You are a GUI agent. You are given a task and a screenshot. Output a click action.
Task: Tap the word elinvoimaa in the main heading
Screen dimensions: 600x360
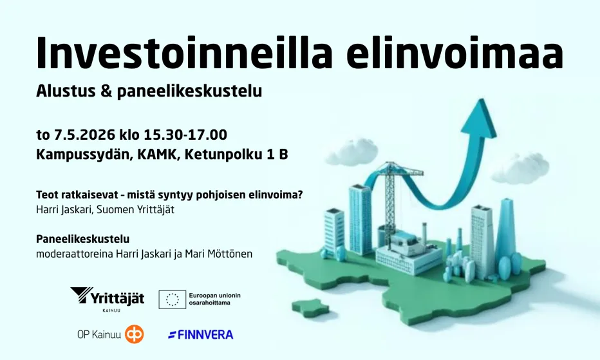click(455, 52)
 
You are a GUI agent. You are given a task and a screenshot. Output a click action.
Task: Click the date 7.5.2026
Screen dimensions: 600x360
click(84, 135)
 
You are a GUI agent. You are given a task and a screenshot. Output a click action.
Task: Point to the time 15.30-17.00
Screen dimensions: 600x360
click(185, 135)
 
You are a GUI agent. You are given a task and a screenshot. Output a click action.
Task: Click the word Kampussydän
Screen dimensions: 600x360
click(84, 155)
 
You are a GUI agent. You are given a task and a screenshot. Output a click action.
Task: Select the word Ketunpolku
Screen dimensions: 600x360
click(220, 155)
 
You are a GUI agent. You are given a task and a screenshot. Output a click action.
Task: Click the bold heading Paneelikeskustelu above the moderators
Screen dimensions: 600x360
click(82, 239)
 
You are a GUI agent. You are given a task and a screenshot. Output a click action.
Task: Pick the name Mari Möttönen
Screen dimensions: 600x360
click(218, 254)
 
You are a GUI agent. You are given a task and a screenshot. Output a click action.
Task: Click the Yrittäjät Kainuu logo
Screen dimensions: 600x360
click(107, 299)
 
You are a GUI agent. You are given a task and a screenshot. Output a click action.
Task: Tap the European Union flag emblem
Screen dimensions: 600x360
click(173, 299)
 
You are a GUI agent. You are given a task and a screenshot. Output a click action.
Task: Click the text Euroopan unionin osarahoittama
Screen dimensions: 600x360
click(214, 299)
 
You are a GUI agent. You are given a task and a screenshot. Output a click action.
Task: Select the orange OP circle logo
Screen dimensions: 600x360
click(135, 334)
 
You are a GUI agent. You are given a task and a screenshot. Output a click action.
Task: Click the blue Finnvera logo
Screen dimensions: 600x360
click(200, 335)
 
